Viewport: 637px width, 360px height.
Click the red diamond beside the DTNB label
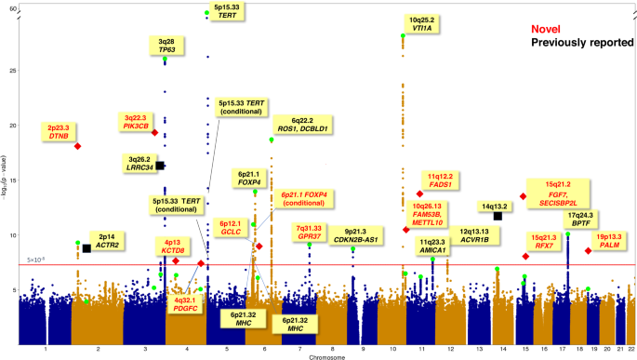(77, 146)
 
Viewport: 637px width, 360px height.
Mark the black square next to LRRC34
(160, 165)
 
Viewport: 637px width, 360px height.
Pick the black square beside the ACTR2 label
(86, 247)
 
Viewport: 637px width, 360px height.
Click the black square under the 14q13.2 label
(498, 216)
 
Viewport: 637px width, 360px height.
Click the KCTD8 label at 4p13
(171, 248)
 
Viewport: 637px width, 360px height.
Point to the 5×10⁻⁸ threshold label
(35, 260)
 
